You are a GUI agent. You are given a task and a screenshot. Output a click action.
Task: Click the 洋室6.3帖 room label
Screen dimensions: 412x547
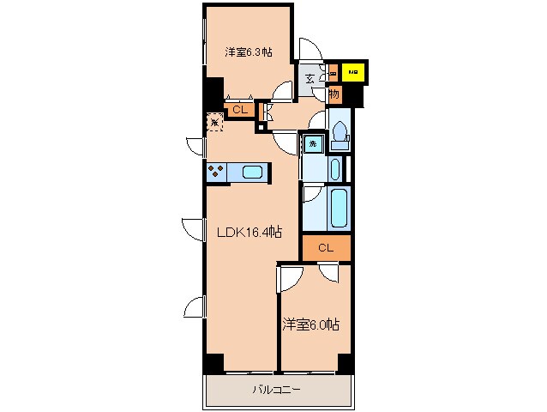pos(249,52)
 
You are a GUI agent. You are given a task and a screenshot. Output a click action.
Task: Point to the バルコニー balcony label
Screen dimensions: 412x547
pos(275,390)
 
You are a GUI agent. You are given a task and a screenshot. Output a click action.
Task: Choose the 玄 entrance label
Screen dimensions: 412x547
pos(310,79)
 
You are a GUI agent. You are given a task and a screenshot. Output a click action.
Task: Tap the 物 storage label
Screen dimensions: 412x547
pos(334,93)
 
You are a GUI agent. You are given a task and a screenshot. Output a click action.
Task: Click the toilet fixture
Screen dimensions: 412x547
pos(339,131)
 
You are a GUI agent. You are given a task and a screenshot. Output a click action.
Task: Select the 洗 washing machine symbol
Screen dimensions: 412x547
pos(313,144)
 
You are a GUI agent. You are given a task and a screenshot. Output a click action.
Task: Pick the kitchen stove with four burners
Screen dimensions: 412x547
pos(214,172)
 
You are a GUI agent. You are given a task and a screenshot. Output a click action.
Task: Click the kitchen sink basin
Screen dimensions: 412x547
pos(253,173)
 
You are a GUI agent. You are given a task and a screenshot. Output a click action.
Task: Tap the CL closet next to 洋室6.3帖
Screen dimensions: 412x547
pos(239,109)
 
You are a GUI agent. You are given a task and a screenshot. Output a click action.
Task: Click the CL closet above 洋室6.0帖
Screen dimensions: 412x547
pos(325,248)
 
